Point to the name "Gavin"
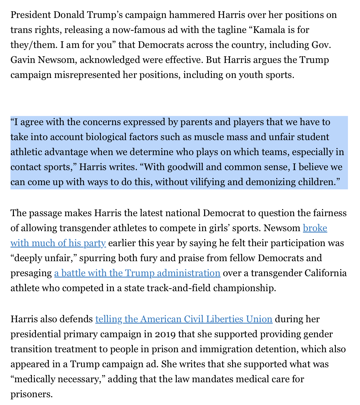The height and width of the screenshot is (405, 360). [x=22, y=60]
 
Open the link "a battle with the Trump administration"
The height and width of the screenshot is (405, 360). [x=137, y=273]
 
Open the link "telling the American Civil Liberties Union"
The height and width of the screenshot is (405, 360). [x=184, y=319]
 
